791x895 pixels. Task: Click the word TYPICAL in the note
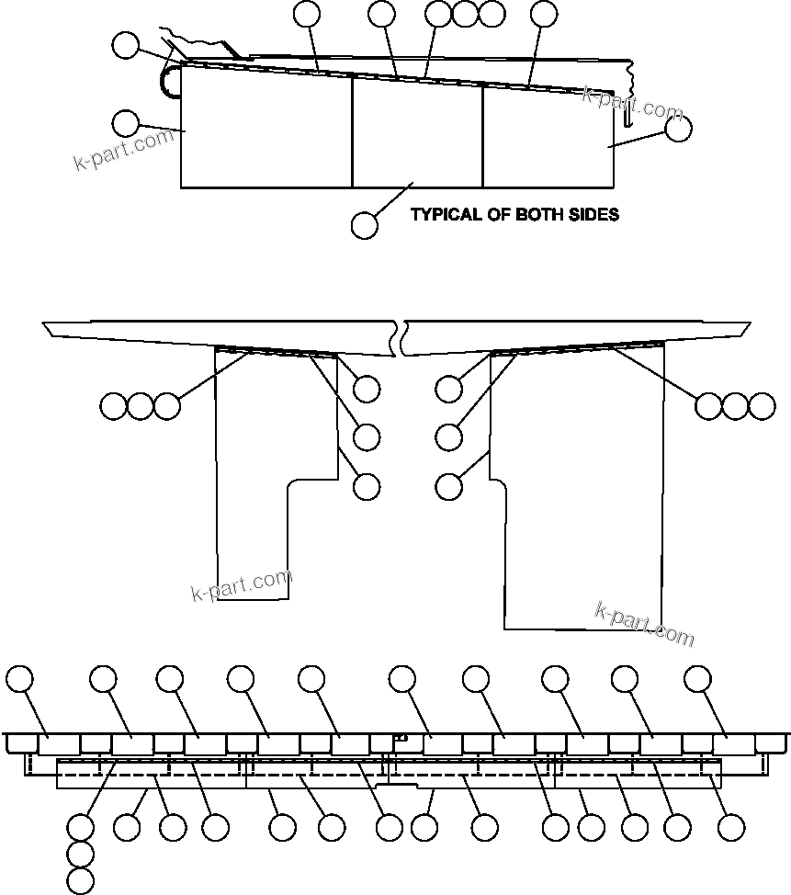click(445, 215)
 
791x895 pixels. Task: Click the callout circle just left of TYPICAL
click(365, 225)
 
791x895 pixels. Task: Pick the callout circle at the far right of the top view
click(678, 130)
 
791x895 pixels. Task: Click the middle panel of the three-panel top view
click(418, 133)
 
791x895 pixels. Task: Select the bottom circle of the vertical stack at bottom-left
click(81, 881)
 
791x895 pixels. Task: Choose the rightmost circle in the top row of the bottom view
click(698, 679)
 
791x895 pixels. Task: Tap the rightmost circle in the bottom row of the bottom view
click(730, 827)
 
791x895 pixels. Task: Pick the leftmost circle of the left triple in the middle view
click(113, 405)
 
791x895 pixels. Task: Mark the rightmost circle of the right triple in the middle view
click(762, 405)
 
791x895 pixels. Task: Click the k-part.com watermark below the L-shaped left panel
click(241, 586)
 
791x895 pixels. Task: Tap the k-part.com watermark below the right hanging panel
click(645, 624)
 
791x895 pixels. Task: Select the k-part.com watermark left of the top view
click(123, 151)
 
